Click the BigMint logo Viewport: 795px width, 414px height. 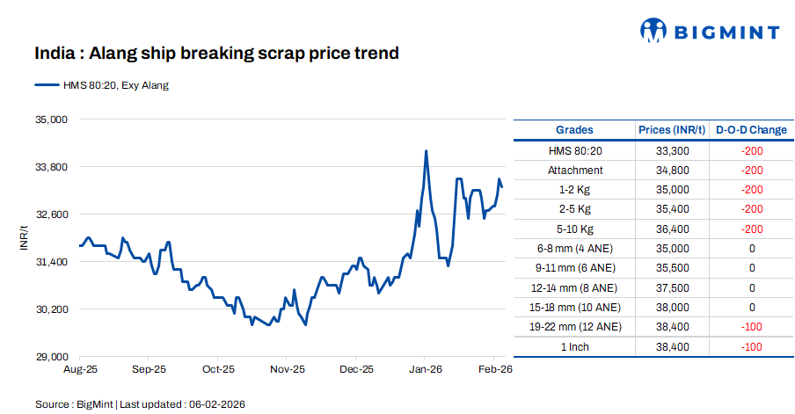click(709, 32)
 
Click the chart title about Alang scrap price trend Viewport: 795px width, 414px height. click(216, 54)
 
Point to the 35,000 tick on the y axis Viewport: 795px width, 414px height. click(50, 119)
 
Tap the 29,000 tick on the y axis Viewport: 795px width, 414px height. click(50, 357)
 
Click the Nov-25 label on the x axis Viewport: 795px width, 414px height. click(287, 371)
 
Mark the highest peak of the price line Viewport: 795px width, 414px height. click(426, 151)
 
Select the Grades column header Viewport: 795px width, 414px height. click(574, 130)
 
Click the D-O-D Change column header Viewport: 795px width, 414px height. click(751, 130)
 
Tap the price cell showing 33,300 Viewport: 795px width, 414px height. click(672, 151)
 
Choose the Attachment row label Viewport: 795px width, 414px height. click(575, 171)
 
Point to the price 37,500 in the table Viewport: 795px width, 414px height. click(672, 287)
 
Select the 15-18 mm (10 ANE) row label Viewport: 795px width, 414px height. click(575, 308)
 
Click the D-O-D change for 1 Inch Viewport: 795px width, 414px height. click(751, 346)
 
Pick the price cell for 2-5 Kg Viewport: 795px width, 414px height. click(672, 209)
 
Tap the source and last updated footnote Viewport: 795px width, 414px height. click(140, 403)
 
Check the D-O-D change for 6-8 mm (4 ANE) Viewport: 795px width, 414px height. click(751, 249)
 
